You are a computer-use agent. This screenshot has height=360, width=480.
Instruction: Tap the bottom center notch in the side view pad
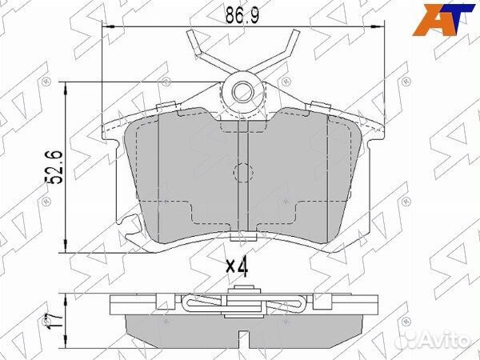point(240,331)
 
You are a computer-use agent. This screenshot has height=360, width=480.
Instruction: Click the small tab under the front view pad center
point(240,237)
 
